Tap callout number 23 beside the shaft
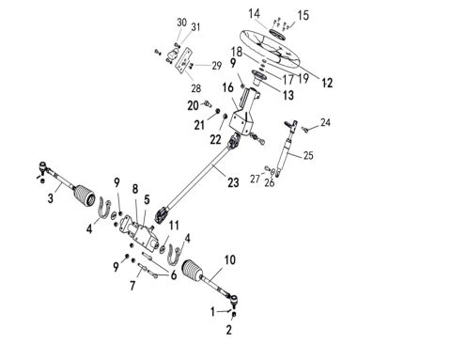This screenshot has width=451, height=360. point(233,182)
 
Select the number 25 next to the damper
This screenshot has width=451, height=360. point(308,155)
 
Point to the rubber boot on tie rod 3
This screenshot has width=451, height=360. point(85,196)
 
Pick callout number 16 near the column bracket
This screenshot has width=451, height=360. point(228,87)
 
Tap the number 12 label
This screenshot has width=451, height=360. point(327,83)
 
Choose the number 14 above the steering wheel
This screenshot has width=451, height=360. point(255,14)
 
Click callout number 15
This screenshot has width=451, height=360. point(303,15)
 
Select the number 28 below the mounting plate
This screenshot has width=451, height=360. point(196,88)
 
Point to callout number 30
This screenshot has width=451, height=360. point(181,23)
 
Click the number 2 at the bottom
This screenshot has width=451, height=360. point(229,330)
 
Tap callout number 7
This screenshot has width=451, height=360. point(132,286)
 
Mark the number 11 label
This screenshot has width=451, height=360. point(174,226)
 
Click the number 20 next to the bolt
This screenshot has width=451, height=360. point(193,105)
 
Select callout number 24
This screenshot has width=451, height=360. point(325,122)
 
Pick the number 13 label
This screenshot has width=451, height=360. point(288,95)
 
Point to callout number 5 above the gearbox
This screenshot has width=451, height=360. point(147,199)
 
